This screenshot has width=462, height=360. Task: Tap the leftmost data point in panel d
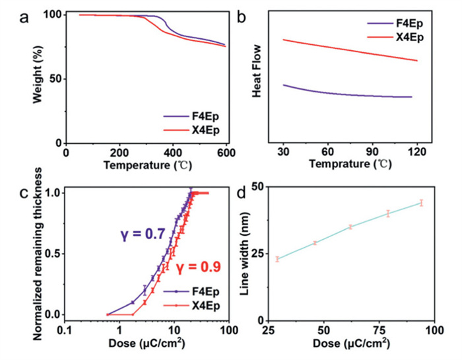[278, 259]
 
